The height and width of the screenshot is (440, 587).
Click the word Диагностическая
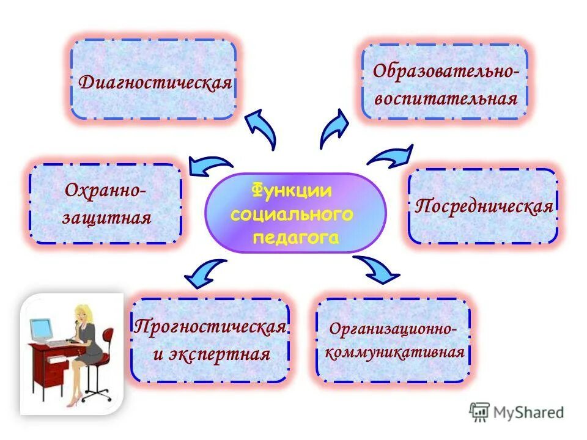(155, 82)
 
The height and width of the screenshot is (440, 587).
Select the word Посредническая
(484, 206)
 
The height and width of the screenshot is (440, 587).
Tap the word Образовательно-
(446, 71)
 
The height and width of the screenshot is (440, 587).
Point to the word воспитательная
(446, 98)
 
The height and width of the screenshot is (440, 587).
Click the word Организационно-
(394, 328)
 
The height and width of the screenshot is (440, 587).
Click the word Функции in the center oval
(292, 191)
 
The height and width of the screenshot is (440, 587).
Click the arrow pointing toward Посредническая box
(391, 157)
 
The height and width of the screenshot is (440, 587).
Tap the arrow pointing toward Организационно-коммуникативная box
(378, 269)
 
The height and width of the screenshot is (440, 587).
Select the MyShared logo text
(530, 413)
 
